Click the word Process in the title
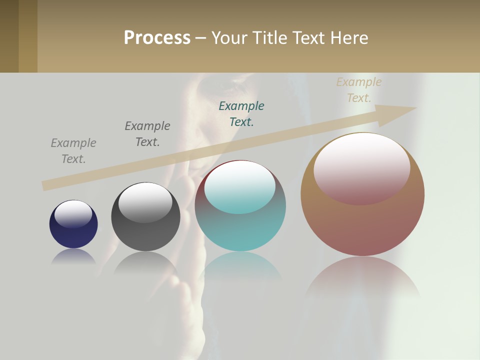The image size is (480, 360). pos(157,38)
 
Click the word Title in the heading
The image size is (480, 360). pos(270,38)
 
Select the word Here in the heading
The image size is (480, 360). pos(349,38)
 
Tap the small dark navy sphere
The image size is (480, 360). pos(73,235)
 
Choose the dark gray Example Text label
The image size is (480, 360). pos(147,134)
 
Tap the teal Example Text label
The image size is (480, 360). pos(241,113)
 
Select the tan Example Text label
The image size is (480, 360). pos(359,90)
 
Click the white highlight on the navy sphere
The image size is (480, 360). pos(73,213)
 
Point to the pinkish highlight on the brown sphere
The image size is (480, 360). pos(362,168)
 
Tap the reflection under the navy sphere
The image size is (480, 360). pos(73,256)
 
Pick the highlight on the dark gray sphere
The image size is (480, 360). pos(145,201)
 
